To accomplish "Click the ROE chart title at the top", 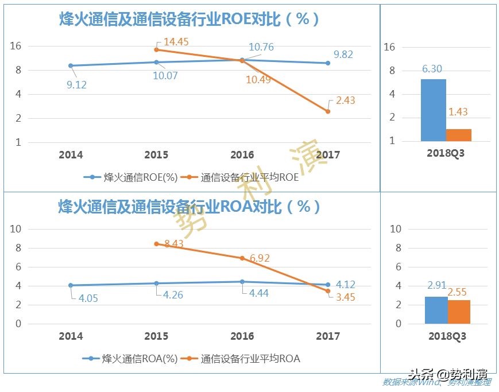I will point(189,19).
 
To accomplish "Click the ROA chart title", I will point(189,206).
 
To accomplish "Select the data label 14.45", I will point(176,41).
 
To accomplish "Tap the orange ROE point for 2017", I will point(328,111).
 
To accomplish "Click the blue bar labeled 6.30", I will point(433,110).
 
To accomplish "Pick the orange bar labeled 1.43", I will point(458,135).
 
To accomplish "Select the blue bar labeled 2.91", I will point(436,311).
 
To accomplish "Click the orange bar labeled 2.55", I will point(459,312).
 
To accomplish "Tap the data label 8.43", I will point(173,244).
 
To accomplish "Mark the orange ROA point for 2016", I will point(242,258).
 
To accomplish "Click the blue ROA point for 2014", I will point(71,285).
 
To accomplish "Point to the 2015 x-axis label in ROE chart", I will point(156,155).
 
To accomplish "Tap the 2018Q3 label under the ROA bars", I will point(447,337).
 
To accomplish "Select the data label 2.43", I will point(345,100).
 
